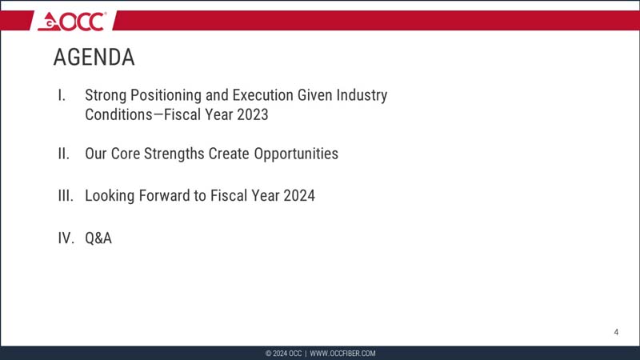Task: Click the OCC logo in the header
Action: tap(71, 21)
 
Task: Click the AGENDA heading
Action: tap(94, 58)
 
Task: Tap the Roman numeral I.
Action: tap(62, 95)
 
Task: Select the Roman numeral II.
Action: tap(63, 154)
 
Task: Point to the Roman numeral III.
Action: tap(65, 195)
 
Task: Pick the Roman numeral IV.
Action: tap(66, 238)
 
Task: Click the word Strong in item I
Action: tap(106, 95)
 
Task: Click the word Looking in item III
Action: tap(110, 195)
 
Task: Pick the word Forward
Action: tap(168, 195)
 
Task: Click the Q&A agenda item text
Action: tap(98, 238)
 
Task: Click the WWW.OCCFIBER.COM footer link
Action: tap(342, 354)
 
